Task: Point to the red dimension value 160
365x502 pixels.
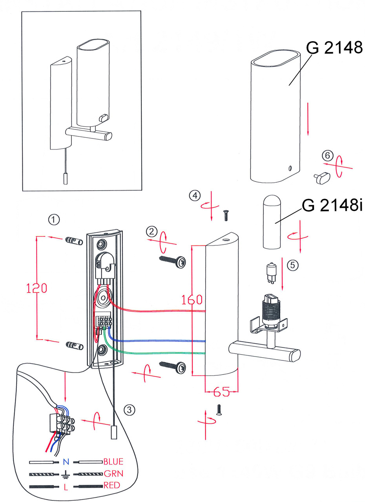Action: [x=192, y=300]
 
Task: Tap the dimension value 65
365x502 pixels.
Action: [x=221, y=391]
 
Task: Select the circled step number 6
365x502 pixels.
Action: [x=327, y=155]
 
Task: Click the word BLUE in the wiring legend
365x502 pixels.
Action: [x=113, y=461]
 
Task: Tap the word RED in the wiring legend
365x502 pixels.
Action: [x=112, y=486]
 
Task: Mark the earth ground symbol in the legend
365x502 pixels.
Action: [x=66, y=474]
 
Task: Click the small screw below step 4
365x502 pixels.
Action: [x=225, y=215]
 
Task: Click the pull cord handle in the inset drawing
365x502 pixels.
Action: [x=65, y=179]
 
